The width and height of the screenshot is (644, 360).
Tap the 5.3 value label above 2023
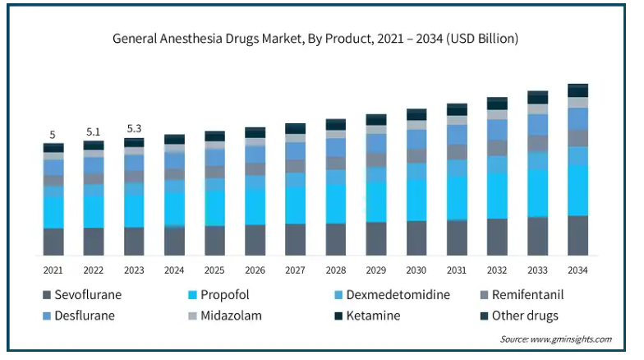click(134, 128)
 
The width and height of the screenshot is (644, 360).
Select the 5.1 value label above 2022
click(94, 132)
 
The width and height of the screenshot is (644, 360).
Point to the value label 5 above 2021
click(53, 135)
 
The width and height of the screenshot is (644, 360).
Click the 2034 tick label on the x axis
click(577, 270)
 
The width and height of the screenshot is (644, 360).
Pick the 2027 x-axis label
click(295, 270)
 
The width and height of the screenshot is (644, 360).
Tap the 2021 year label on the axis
click(53, 270)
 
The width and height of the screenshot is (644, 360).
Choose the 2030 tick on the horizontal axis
click(416, 270)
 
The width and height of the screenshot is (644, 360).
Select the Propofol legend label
click(218, 294)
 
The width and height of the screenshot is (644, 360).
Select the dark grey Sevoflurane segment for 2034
click(577, 236)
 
